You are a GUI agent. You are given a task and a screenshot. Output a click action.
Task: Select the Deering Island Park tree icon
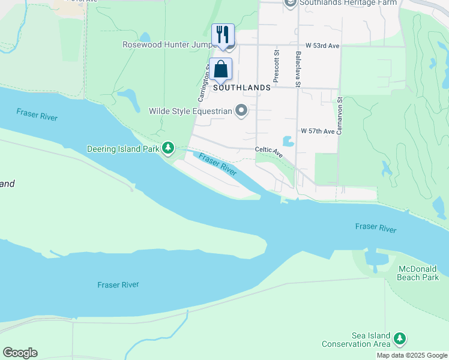pyautogui.click(x=169, y=148)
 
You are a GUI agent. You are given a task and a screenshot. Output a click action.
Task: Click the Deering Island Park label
pyautogui.click(x=123, y=148)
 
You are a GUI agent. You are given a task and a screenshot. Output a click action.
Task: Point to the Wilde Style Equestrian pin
pyautogui.click(x=241, y=110)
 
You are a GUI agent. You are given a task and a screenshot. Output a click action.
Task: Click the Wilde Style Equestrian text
pyautogui.click(x=190, y=111)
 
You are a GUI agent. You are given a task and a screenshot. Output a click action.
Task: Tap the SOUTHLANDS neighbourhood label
pyautogui.click(x=243, y=88)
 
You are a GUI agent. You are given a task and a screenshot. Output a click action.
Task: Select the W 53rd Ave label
pyautogui.click(x=322, y=46)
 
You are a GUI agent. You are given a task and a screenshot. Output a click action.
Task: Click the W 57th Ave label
pyautogui.click(x=318, y=131)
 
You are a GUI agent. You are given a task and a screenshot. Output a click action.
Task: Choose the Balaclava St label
pyautogui.click(x=298, y=70)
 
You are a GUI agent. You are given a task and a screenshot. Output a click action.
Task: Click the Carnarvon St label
pyautogui.click(x=339, y=116)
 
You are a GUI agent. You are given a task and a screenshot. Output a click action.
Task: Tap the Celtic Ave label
pyautogui.click(x=269, y=152)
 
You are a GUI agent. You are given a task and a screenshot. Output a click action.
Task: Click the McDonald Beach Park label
pyautogui.click(x=418, y=273)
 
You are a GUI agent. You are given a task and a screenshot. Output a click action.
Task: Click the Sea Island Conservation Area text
pyautogui.click(x=356, y=340)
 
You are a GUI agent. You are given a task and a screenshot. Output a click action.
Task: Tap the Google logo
pyautogui.click(x=20, y=353)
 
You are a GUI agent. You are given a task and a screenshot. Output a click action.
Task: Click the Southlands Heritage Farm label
pyautogui.click(x=341, y=3)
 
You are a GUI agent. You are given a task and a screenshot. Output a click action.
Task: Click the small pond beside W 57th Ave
pyautogui.click(x=288, y=141)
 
